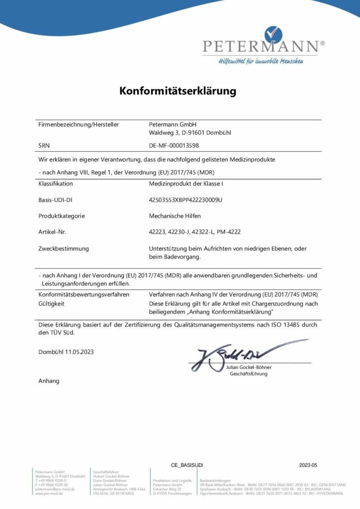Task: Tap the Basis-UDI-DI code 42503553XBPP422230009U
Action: pos(185,199)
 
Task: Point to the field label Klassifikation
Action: pos(56,183)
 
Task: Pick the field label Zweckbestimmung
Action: pos(63,248)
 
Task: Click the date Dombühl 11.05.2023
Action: pos(66,352)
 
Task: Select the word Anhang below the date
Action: pos(49,381)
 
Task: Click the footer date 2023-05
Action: pos(308,465)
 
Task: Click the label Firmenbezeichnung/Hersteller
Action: pos(79,124)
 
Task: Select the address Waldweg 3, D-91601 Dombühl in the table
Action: pos(190,133)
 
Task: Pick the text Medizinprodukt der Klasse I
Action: pos(183,183)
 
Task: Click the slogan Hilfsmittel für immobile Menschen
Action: pos(261,61)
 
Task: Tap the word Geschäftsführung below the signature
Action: pos(249,373)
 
